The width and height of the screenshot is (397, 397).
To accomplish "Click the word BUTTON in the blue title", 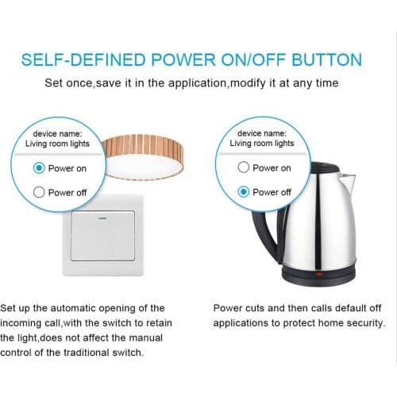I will [326, 60].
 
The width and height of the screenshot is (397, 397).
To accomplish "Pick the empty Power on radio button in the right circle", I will [244, 168].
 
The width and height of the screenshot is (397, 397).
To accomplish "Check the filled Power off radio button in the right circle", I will [244, 191].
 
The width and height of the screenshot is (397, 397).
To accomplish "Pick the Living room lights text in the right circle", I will [261, 144].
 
